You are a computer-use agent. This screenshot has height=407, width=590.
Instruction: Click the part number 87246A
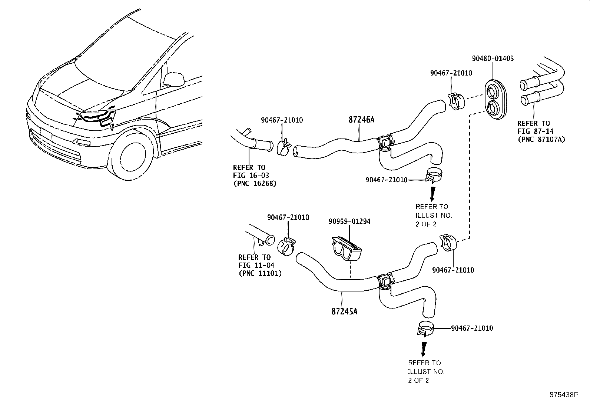coord(361,120)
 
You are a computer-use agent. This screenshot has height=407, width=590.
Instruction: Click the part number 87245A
coord(344,311)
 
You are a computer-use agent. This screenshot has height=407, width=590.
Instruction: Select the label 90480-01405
coord(493,59)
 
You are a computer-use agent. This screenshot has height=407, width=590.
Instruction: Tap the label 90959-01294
coord(349,221)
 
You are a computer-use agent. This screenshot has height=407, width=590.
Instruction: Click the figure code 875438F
coord(564,395)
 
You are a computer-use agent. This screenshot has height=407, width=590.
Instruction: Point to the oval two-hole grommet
coord(496,99)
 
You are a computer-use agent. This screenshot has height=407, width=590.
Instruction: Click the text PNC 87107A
coord(541,140)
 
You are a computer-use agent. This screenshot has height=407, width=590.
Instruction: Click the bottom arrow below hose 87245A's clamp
coord(423,349)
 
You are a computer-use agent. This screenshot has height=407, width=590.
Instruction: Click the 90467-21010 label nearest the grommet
coord(451,73)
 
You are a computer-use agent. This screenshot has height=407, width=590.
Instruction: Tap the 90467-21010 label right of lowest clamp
coord(472,328)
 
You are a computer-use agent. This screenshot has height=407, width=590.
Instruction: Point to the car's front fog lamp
coord(81,142)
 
